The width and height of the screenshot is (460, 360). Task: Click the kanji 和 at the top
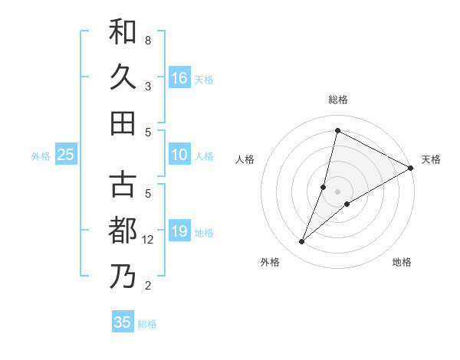coord(123,32)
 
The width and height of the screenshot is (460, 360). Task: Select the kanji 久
coord(123,77)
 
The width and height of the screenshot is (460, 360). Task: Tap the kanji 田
coord(123,123)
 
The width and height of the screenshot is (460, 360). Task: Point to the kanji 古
coord(123,185)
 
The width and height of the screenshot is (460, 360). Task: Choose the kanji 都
coord(123,231)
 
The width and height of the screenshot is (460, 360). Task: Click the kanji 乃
coord(123,277)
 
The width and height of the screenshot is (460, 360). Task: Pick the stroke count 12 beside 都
coord(148,240)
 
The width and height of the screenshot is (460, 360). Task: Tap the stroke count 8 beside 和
coord(148,40)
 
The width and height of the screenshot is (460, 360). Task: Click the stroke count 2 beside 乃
coord(148,286)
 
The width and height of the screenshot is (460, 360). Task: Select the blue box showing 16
coord(179,77)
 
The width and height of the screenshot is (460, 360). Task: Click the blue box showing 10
coord(179,155)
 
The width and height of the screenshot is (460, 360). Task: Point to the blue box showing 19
coord(179,232)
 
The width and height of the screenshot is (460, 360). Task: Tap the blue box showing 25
coord(66,155)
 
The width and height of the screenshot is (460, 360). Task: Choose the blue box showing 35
coord(123,322)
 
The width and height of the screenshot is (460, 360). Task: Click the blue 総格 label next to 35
coord(147,324)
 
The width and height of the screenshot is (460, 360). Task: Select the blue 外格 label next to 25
coord(41,156)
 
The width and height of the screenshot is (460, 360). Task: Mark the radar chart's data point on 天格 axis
coord(411,169)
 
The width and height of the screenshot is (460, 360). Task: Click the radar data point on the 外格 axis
coord(301,242)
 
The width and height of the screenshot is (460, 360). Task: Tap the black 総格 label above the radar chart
coord(338,100)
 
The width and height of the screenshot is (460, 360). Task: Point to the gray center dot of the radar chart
coord(338,191)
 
